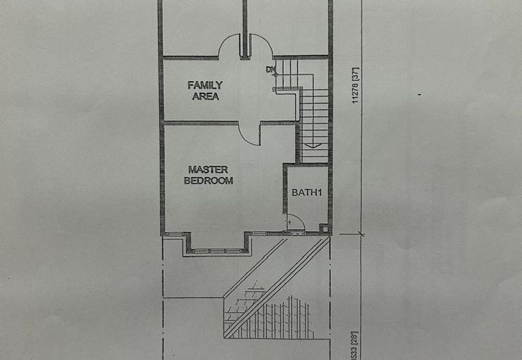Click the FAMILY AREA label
tap(205, 90)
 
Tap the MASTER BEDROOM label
tap(208, 175)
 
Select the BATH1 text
tap(307, 192)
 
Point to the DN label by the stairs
tap(270, 69)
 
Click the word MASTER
tap(208, 170)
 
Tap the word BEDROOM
tap(208, 181)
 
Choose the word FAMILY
tap(205, 85)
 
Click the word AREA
tap(205, 96)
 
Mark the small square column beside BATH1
tap(324, 228)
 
